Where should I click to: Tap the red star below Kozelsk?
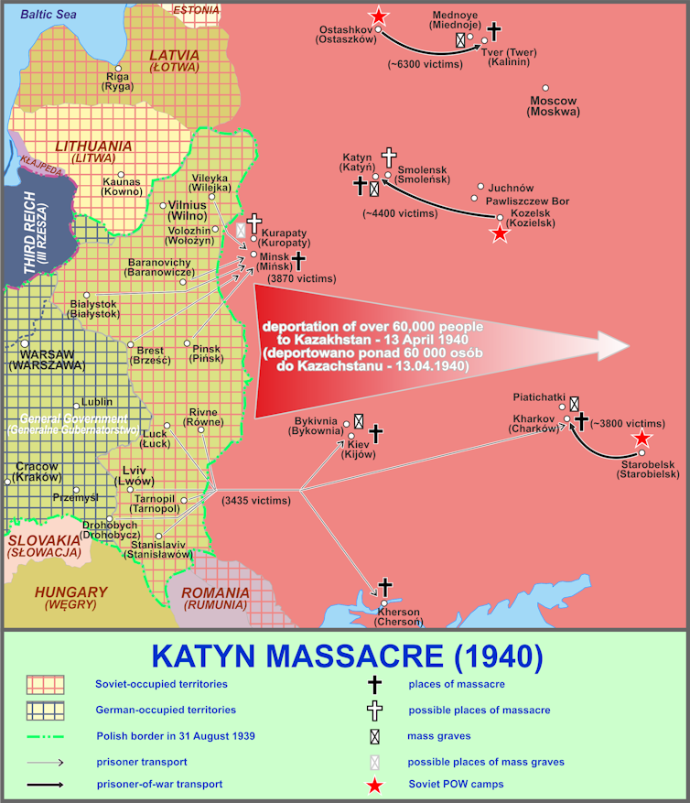pos(500,233)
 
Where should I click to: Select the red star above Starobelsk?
pos(643,439)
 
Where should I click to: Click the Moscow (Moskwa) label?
pos(553,106)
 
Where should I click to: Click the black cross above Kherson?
pos(385,587)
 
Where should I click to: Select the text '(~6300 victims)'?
pos(425,65)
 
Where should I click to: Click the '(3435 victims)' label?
pos(256,501)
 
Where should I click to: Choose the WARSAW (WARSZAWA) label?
pos(47,359)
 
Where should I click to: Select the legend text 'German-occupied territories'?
pos(166,710)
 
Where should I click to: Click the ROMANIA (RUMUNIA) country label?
pos(215,599)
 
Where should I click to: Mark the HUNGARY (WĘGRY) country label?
pos(71,597)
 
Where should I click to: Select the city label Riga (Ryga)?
pos(117,81)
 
